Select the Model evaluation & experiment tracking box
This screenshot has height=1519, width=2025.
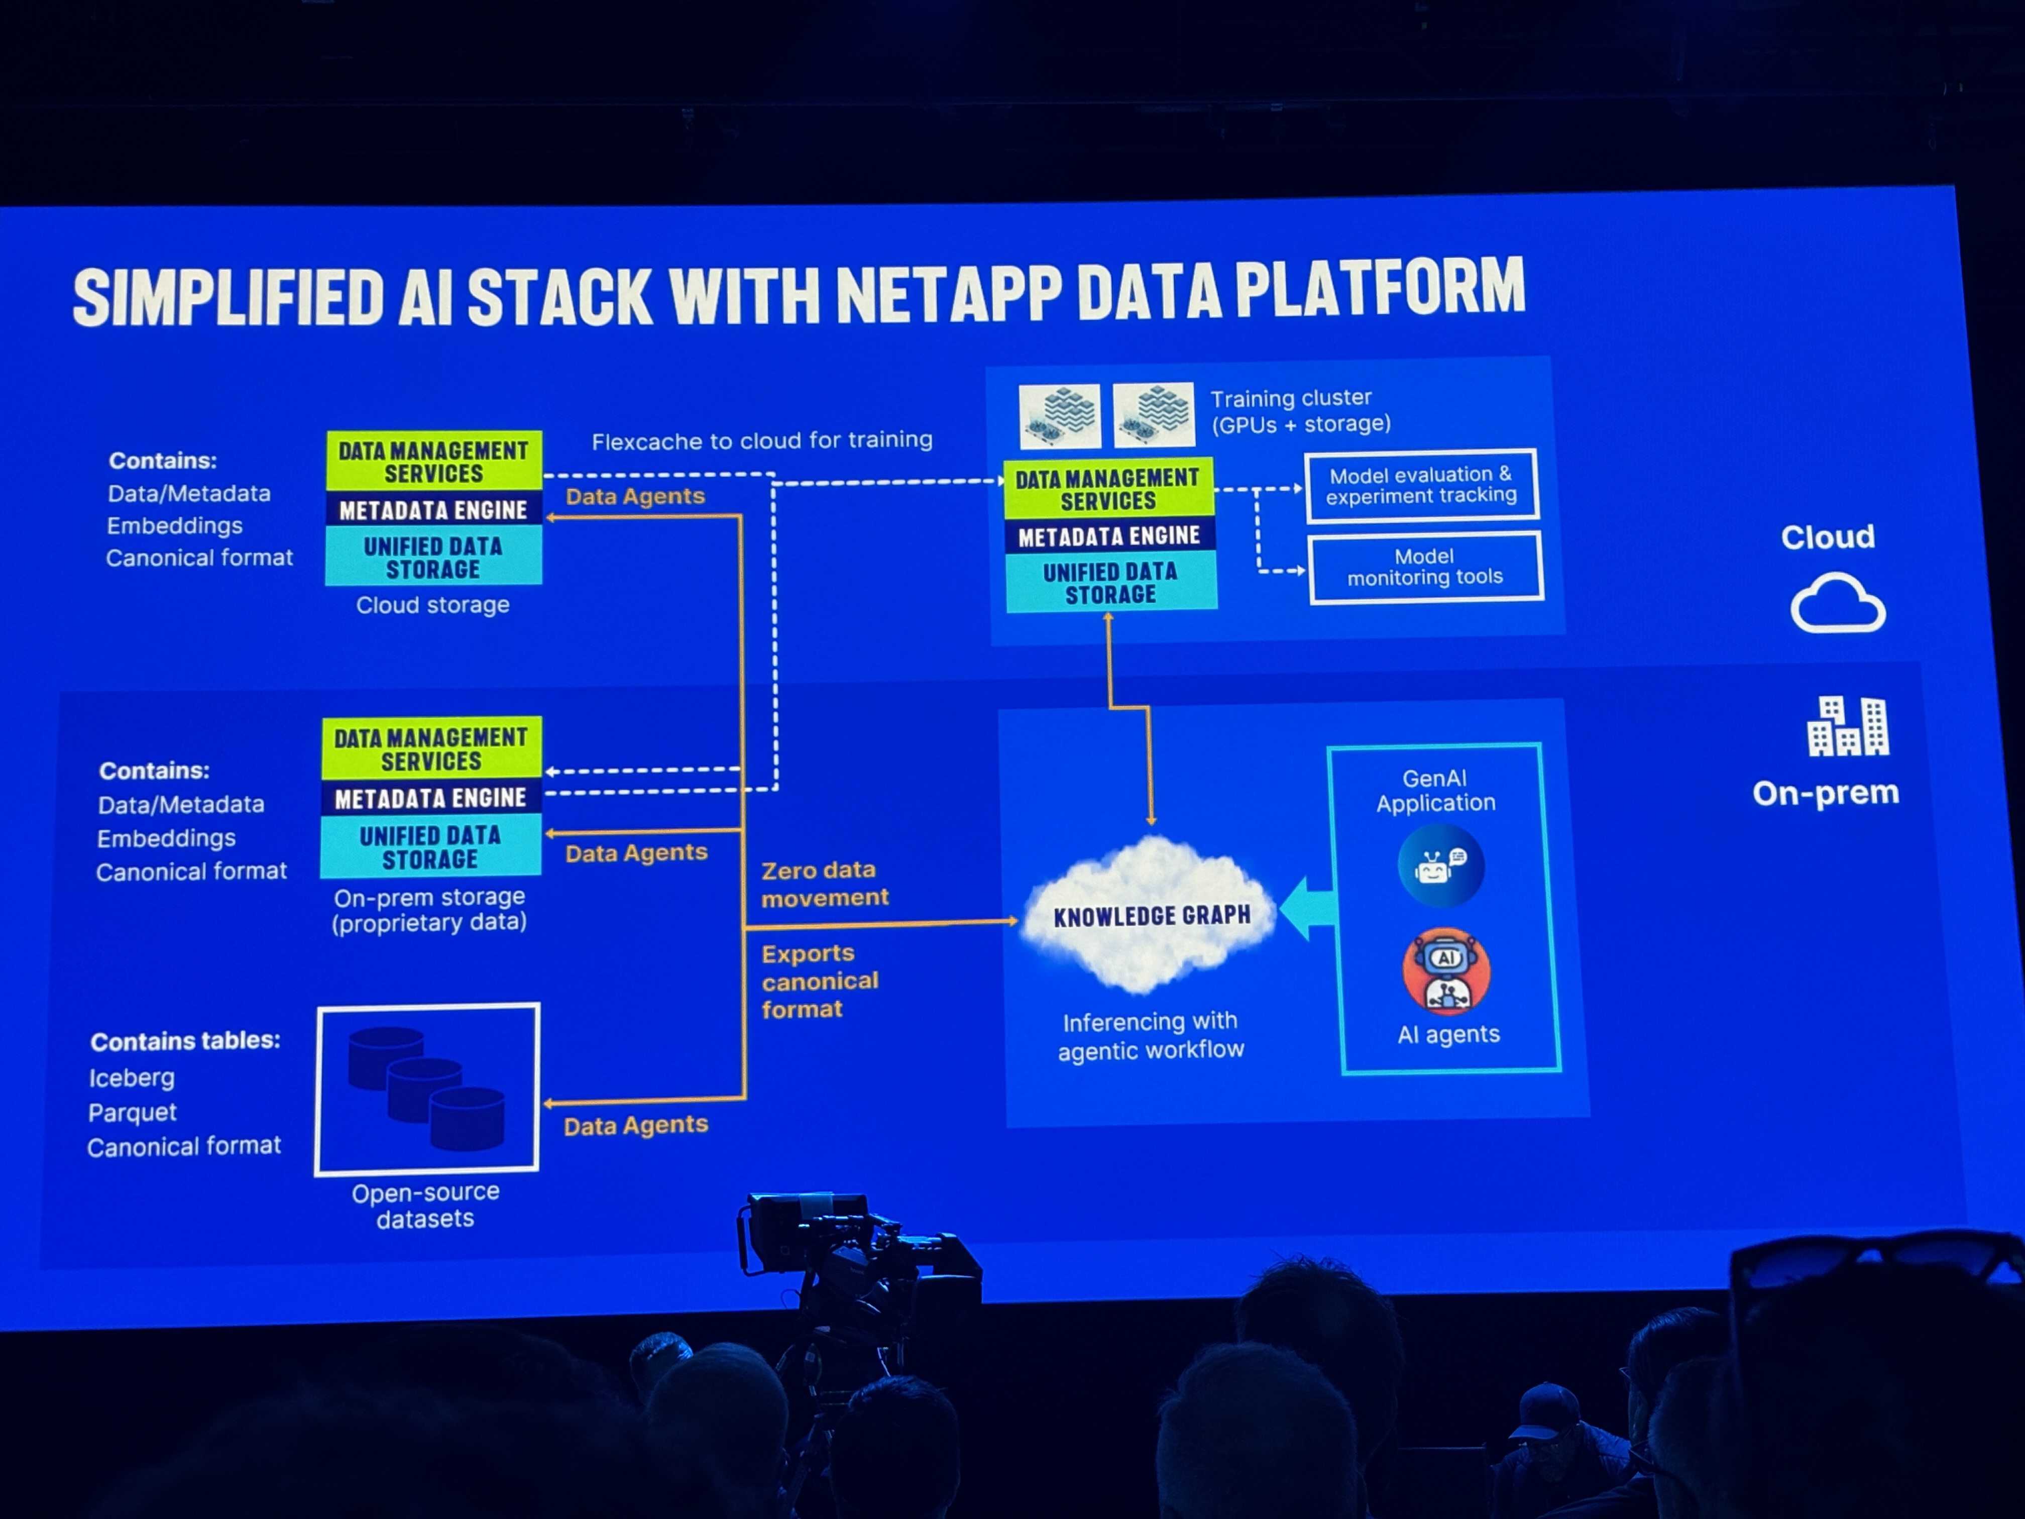(x=1421, y=485)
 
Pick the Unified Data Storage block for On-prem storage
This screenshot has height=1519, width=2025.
(x=430, y=847)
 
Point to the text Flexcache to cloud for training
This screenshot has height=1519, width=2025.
(x=762, y=441)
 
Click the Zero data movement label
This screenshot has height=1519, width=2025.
(x=824, y=884)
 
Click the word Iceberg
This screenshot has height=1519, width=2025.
(x=132, y=1077)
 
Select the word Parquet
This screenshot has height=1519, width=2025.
(x=133, y=1113)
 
